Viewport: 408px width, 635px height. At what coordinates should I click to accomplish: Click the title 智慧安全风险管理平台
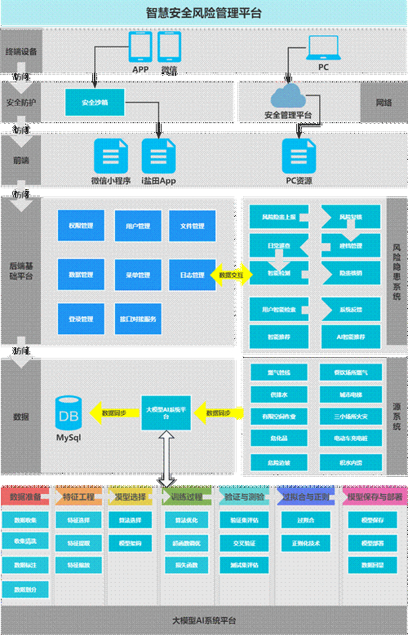pyautogui.click(x=203, y=12)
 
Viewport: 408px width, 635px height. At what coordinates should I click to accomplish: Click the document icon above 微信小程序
pyautogui.click(x=111, y=154)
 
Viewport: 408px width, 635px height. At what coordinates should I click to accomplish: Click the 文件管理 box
pyautogui.click(x=192, y=226)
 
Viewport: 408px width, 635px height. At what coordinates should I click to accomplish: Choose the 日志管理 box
pyautogui.click(x=192, y=276)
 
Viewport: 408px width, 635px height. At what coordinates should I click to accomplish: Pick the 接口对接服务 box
pyautogui.click(x=137, y=319)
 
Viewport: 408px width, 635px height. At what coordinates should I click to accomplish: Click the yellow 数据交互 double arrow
pyautogui.click(x=231, y=276)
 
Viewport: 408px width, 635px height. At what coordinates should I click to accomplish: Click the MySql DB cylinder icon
pyautogui.click(x=69, y=413)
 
